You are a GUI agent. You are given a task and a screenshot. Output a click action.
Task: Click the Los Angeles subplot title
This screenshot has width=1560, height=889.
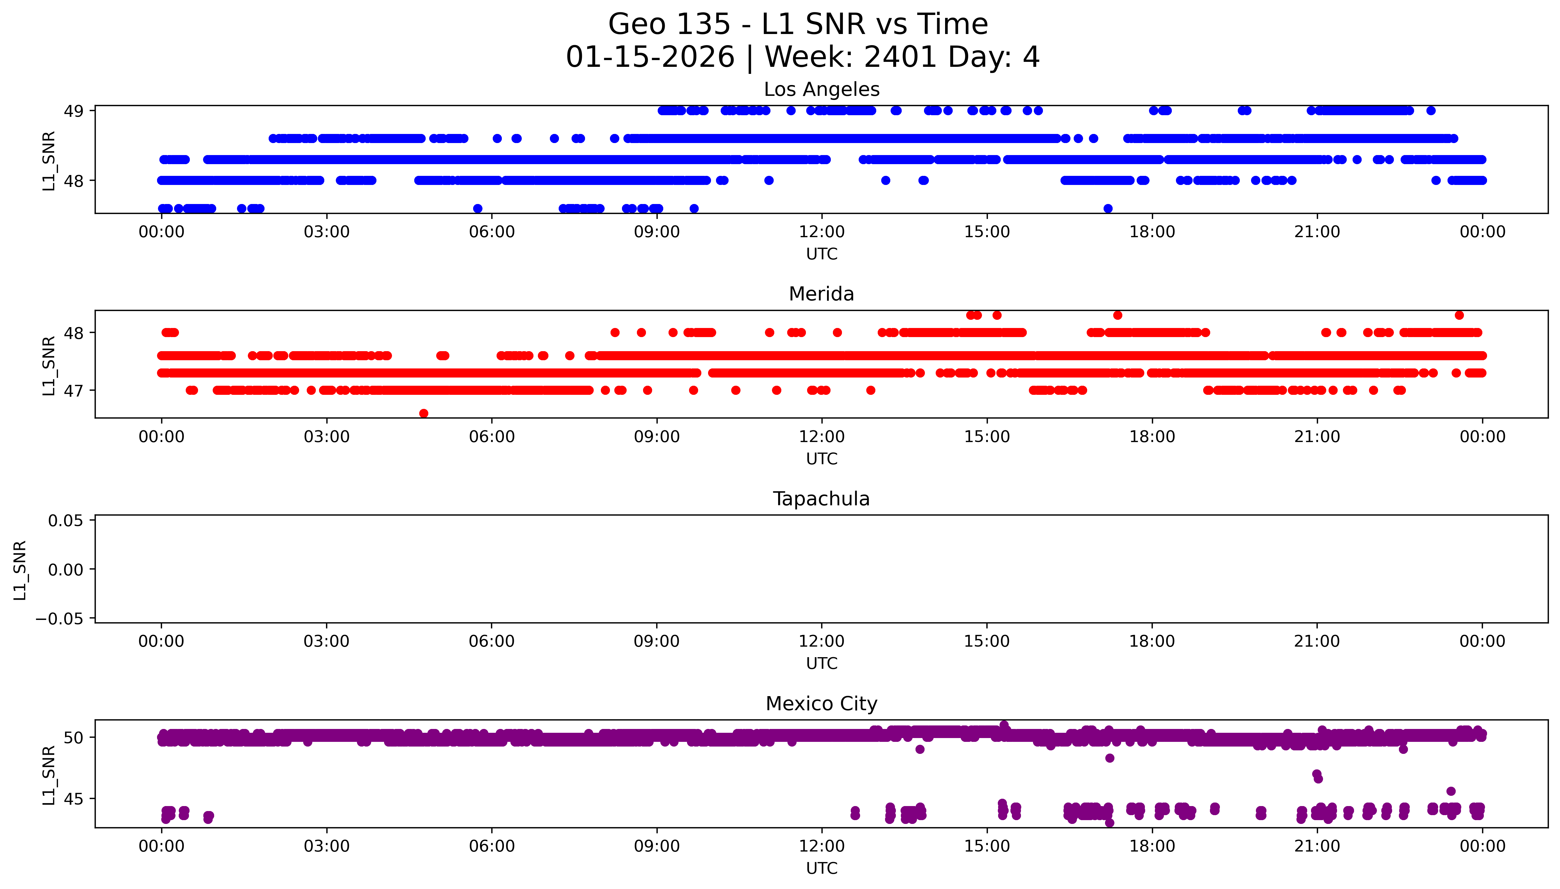point(821,90)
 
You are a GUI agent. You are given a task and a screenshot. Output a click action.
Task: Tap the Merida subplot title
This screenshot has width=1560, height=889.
point(821,294)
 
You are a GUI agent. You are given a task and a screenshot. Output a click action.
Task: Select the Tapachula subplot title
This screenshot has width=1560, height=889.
point(821,499)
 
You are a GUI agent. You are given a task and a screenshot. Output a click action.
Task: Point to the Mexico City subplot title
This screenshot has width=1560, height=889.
point(821,704)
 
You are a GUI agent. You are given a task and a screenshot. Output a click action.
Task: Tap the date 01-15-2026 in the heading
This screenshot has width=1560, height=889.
point(650,57)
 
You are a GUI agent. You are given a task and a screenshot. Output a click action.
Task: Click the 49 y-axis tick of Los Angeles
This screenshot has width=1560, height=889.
point(74,111)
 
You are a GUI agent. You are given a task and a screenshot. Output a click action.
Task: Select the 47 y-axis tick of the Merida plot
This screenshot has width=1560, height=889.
point(74,391)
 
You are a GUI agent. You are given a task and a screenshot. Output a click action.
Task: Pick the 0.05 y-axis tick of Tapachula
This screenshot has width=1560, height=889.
point(66,521)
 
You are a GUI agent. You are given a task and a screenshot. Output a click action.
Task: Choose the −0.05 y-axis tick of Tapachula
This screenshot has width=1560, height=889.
point(60,619)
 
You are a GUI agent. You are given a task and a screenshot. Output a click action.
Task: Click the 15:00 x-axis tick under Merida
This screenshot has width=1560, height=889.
point(986,437)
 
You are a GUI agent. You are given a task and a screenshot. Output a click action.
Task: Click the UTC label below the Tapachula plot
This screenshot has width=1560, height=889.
point(821,664)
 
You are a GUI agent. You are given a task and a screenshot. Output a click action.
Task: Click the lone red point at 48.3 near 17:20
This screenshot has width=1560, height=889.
point(1117,315)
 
